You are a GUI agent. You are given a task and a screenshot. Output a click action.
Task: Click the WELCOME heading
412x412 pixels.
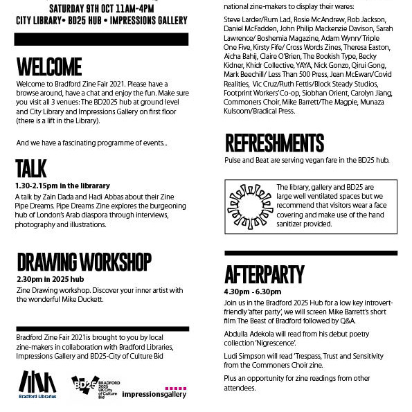49,66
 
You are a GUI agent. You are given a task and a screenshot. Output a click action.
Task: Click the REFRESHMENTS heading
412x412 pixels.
274,143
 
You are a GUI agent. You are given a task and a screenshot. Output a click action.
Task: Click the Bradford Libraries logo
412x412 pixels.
37,385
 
